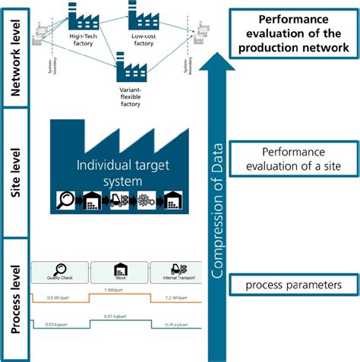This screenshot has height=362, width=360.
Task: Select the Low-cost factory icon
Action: click(x=142, y=16)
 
